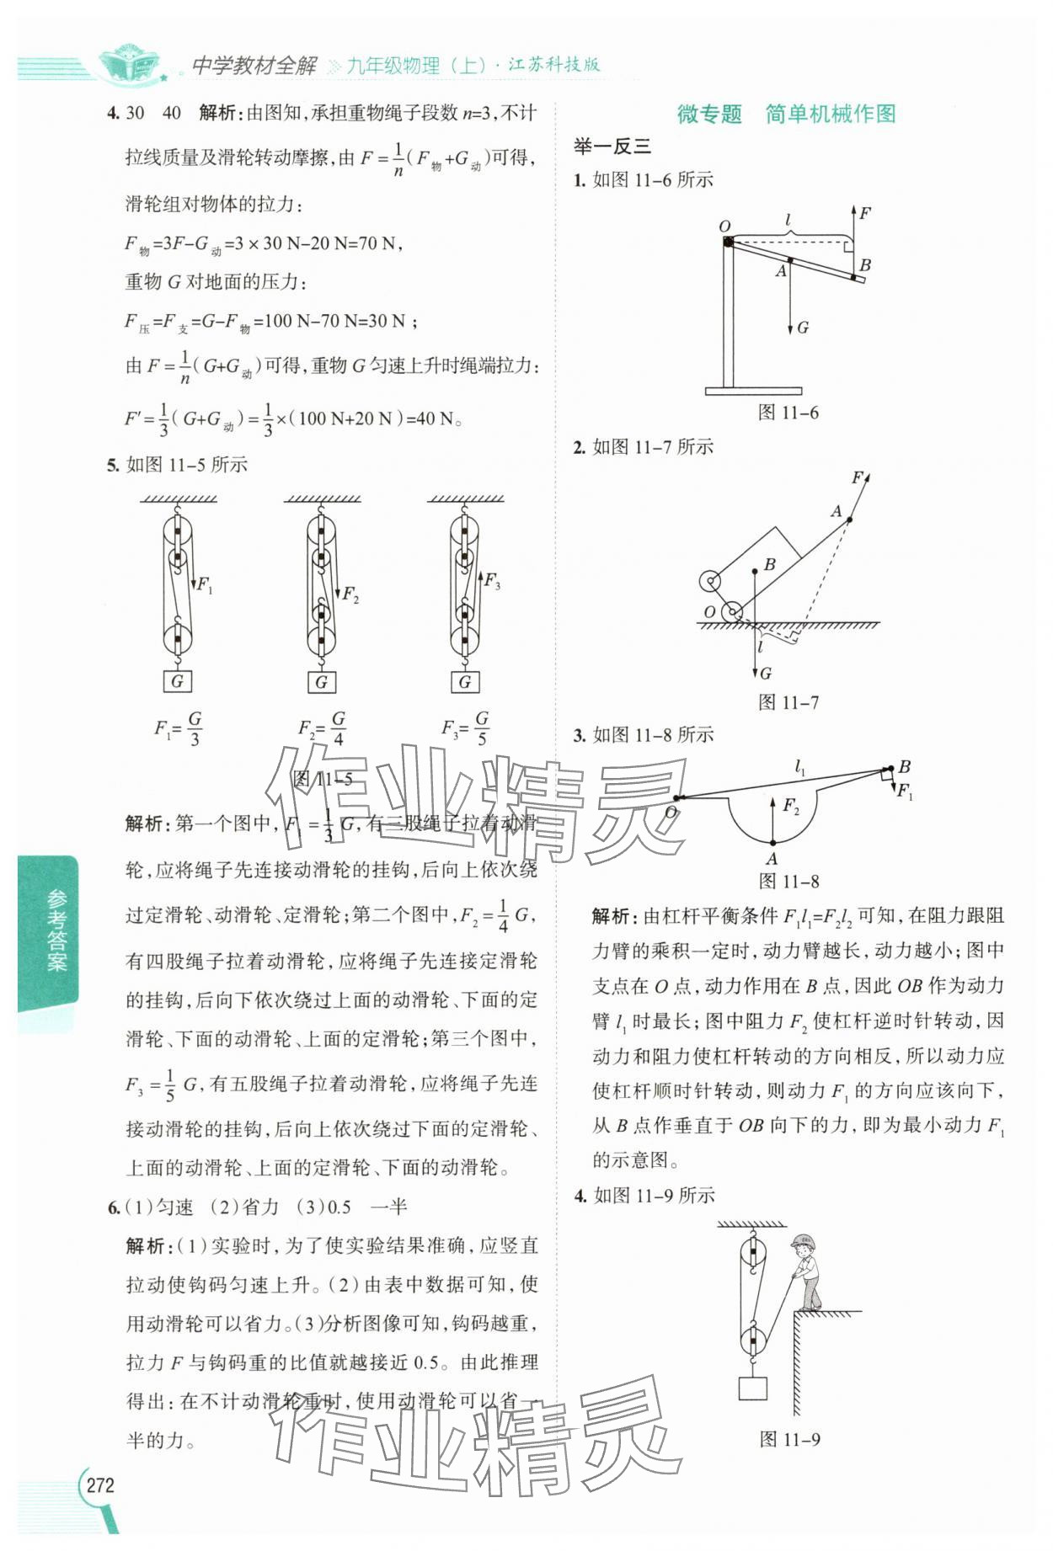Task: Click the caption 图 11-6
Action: coord(788,413)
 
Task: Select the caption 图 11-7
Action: coord(788,702)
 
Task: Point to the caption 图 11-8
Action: coord(788,882)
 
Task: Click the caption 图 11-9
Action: coord(788,1439)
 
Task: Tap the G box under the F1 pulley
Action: coord(177,681)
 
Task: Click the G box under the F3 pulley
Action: coord(464,681)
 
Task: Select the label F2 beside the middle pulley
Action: coord(350,594)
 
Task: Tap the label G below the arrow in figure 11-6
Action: coord(803,328)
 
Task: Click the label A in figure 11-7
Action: coord(836,511)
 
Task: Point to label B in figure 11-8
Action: coord(904,766)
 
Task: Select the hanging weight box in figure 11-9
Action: coord(752,1387)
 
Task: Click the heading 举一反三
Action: coord(612,147)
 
